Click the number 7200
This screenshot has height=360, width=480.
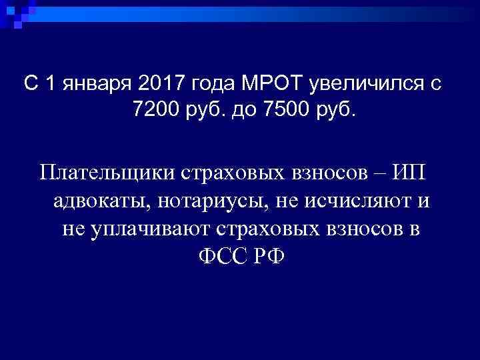click(154, 109)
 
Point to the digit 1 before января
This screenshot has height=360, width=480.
click(49, 84)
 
